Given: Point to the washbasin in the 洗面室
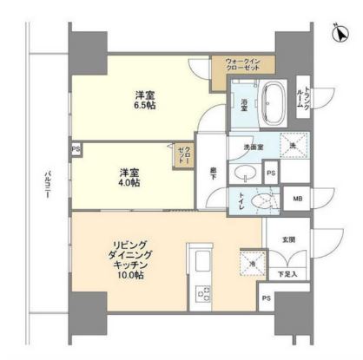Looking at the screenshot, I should (243, 173).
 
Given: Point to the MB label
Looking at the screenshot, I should (299, 200).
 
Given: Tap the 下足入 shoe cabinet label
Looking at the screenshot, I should (286, 273).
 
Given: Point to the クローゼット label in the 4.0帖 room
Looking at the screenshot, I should (183, 157).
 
